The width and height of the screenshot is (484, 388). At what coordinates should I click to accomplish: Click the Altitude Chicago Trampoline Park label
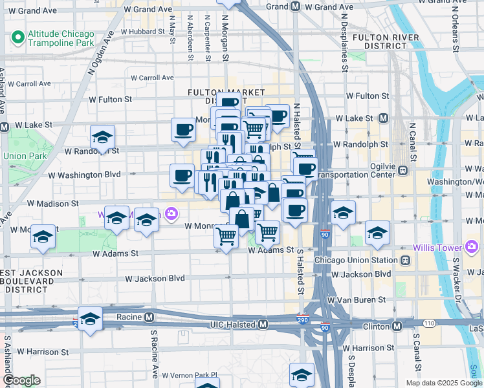(61, 38)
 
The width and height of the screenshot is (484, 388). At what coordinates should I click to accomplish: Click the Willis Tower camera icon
(472, 248)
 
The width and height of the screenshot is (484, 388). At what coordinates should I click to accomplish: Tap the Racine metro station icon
(149, 318)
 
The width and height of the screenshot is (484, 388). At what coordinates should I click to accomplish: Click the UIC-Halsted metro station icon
(263, 325)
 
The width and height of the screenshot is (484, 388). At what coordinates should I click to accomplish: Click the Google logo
(21, 380)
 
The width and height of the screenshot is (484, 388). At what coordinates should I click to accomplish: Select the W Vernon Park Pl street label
(190, 375)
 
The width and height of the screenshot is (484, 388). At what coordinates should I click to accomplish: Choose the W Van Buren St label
(356, 300)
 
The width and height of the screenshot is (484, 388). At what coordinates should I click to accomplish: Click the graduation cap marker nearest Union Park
(102, 137)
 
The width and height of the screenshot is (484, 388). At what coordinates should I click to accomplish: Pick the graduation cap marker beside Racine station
(91, 318)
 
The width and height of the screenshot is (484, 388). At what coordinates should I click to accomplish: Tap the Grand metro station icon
(295, 6)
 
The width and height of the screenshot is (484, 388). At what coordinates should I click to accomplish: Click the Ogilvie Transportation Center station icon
(403, 171)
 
